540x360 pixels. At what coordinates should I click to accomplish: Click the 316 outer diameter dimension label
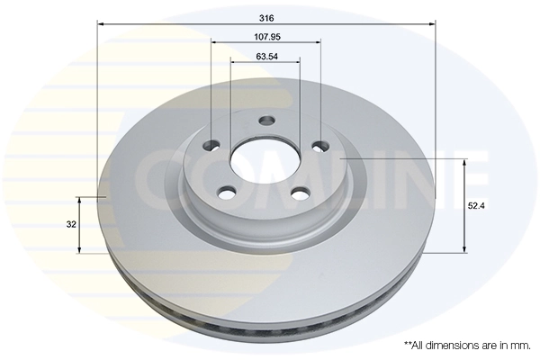coord(265,17)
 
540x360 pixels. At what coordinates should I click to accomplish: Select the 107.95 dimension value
coord(265,37)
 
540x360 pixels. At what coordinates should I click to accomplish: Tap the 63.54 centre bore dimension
coord(265,57)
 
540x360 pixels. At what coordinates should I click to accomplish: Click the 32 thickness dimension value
coord(69,224)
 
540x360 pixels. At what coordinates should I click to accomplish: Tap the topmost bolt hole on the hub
coord(266,121)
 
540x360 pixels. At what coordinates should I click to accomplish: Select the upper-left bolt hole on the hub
coord(212,146)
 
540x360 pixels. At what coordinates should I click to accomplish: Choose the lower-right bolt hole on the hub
coord(298,192)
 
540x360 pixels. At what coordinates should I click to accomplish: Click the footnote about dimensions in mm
coord(467,345)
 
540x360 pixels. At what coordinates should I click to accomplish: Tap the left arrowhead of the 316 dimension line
coord(99,24)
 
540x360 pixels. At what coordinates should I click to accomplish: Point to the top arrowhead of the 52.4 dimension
coord(464,163)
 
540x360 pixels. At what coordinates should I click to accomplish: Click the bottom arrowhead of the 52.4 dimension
coord(464,249)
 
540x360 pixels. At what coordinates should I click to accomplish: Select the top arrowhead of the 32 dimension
coord(82,199)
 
